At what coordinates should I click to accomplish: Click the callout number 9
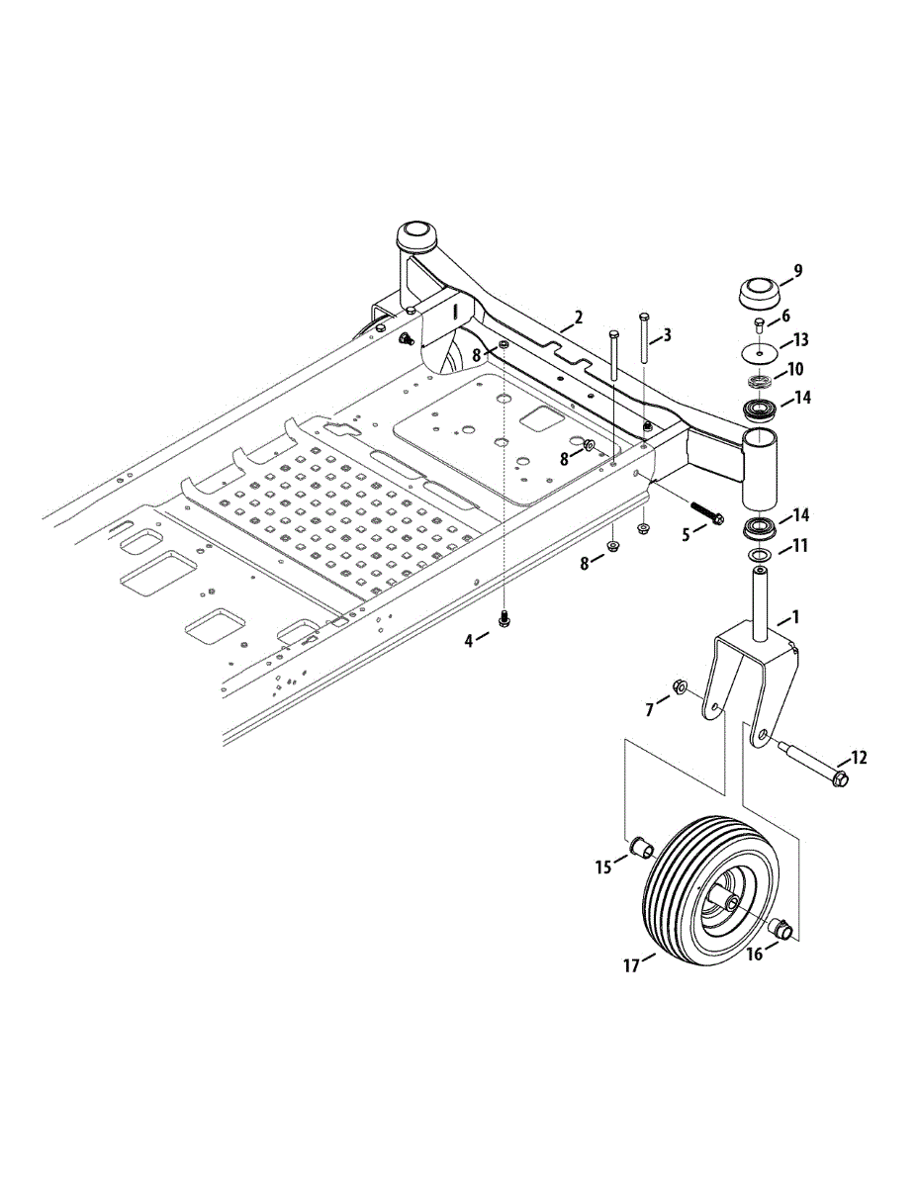[797, 270]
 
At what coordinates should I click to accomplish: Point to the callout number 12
[857, 758]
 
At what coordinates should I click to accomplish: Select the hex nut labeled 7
[680, 685]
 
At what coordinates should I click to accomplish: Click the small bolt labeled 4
[504, 619]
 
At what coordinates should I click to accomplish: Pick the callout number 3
[667, 335]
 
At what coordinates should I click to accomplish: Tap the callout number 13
[800, 340]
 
